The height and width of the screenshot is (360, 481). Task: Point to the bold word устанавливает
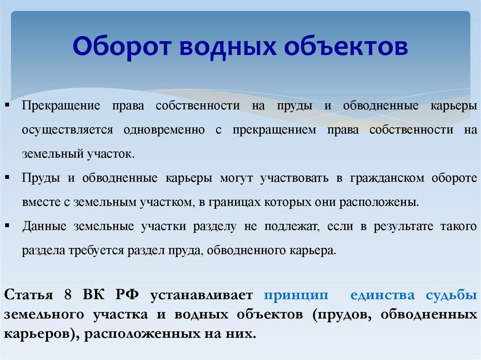(x=202, y=296)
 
